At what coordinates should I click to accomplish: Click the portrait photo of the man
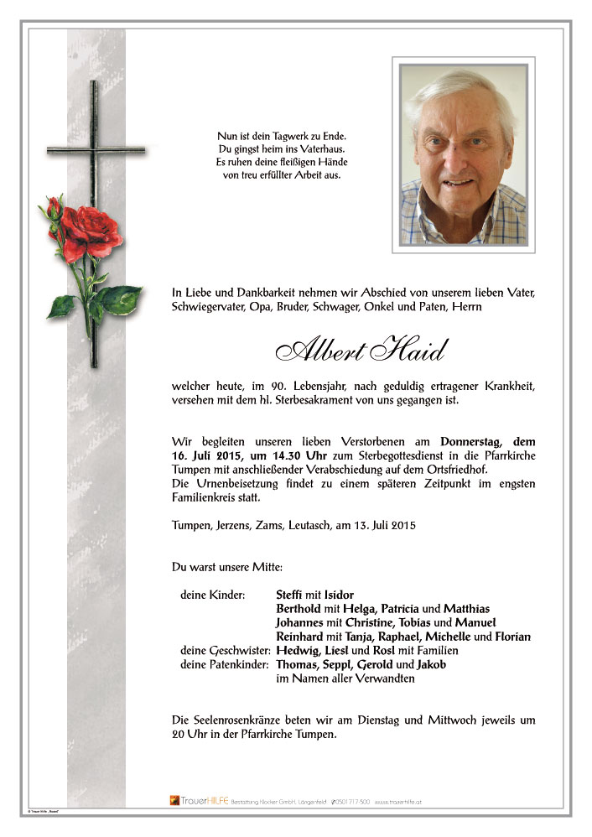[x=463, y=155]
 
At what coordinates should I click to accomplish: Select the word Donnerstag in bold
[x=475, y=440]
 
